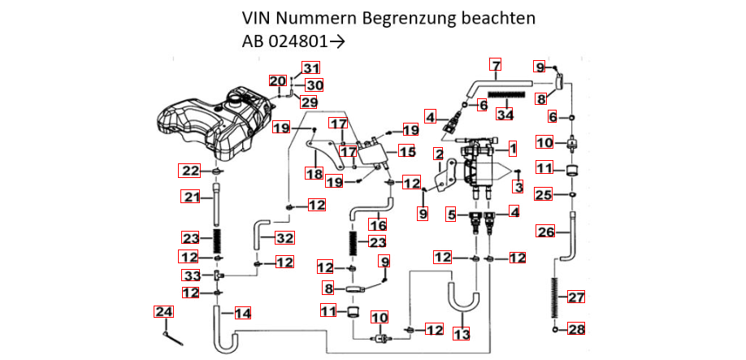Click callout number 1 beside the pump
click(513, 149)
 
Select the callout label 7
click(496, 65)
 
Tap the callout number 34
click(505, 115)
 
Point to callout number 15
click(406, 152)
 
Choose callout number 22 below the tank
click(189, 171)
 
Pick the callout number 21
click(190, 197)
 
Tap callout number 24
click(163, 311)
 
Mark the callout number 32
click(284, 238)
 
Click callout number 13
click(461, 334)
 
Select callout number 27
click(575, 297)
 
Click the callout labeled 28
click(575, 329)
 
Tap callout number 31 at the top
click(312, 67)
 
